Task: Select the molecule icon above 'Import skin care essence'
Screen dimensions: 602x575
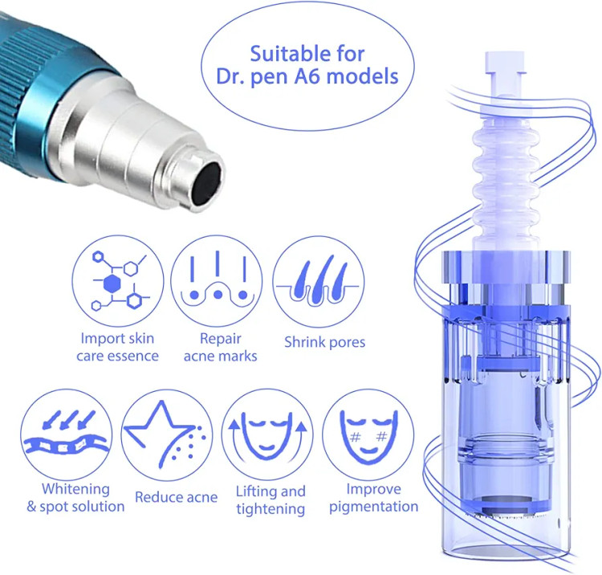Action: coord(118,281)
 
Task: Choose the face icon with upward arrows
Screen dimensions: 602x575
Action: coord(267,435)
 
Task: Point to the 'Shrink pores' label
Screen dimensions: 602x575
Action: coord(324,342)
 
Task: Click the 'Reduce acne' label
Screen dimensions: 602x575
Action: coord(177,497)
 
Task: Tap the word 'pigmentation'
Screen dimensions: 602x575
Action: coord(373,507)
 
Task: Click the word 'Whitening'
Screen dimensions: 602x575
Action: coord(75,489)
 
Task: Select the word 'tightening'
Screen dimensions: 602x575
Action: coord(270,509)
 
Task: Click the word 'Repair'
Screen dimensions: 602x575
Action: coord(221,339)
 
